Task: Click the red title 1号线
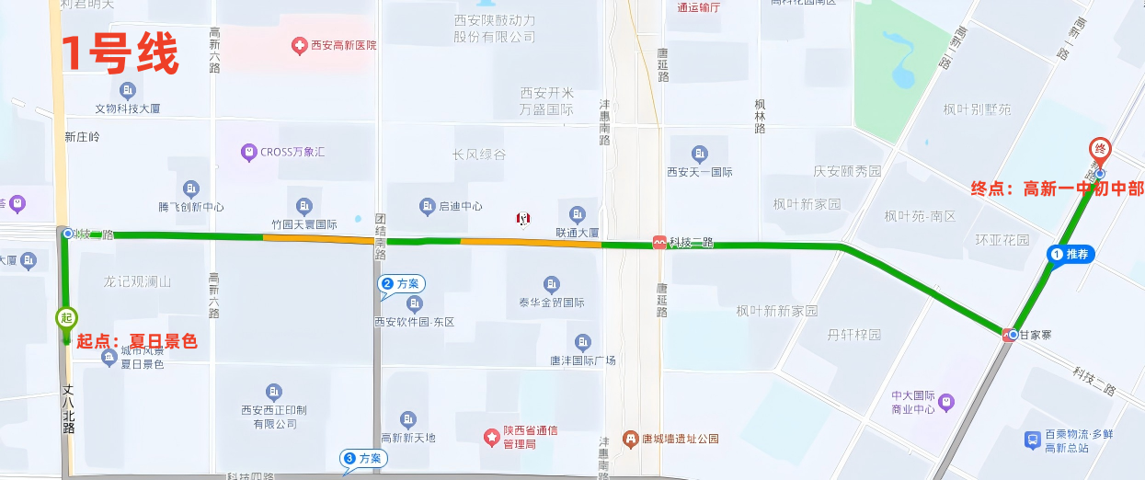119,55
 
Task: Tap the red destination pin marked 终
1098,148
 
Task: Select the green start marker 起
65,317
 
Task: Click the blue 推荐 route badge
1071,254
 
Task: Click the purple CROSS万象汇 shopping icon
247,152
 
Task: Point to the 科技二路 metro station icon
659,243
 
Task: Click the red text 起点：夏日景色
137,341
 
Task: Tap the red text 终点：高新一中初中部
1058,189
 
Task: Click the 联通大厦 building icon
577,214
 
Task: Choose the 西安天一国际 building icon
700,153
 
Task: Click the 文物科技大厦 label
128,109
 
